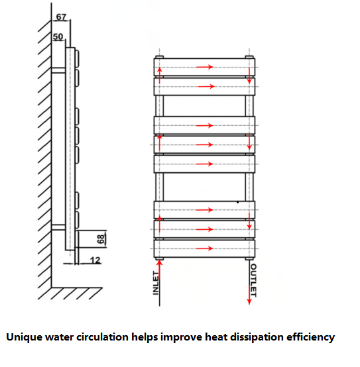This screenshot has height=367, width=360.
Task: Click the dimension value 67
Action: pos(61,17)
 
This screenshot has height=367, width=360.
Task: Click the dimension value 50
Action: pos(58,36)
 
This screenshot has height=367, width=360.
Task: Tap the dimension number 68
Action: pos(101,239)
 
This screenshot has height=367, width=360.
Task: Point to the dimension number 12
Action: pos(95,260)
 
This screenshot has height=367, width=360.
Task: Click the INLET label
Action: pos(156,283)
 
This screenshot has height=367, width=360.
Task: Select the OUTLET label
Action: pos(253,280)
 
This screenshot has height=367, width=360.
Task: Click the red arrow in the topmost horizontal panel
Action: pos(205,67)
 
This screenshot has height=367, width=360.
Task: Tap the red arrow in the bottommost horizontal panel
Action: pos(205,248)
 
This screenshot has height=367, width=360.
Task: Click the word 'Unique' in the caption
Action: pos(24,337)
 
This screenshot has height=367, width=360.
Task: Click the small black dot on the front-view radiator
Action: pos(237,202)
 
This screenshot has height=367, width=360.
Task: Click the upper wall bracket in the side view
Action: pos(58,70)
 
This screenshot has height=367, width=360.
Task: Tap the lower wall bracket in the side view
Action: pos(58,227)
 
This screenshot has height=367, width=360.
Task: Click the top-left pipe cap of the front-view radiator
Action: pos(160,57)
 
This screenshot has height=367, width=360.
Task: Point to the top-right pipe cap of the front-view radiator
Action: pos(249,57)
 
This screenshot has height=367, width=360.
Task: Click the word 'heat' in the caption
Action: pos(216,337)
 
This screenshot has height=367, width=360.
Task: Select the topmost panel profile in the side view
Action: pos(77,58)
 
